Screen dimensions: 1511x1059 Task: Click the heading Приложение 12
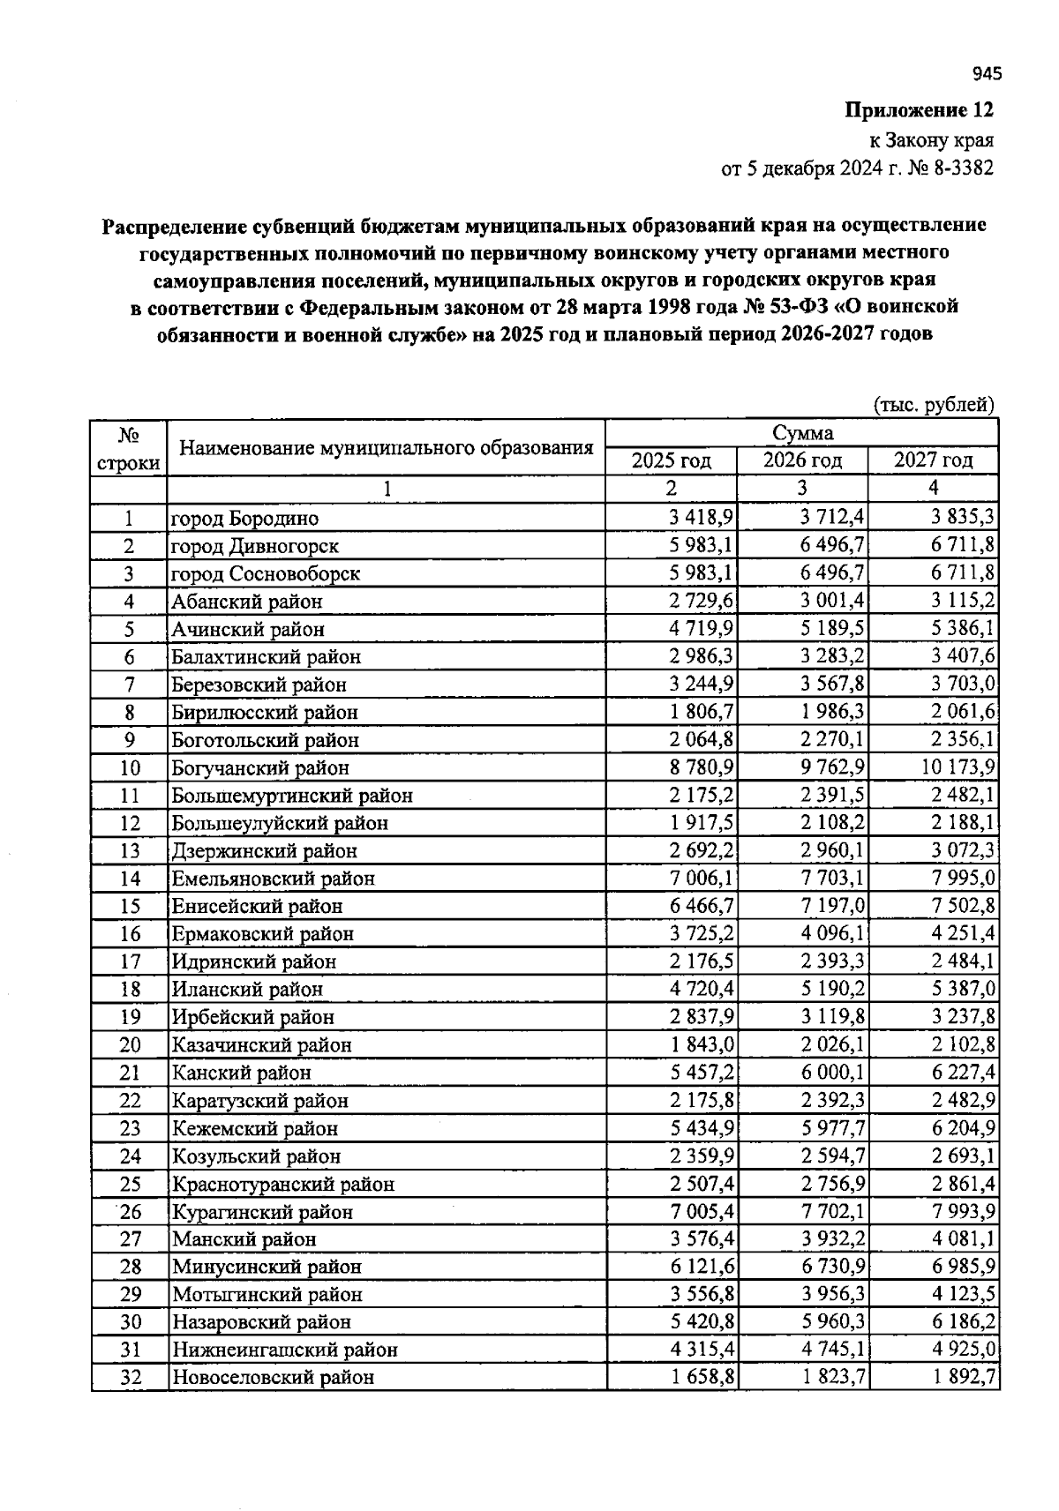pos(919,111)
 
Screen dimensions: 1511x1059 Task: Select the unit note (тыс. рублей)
pos(933,405)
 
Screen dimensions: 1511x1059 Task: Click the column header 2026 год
pos(802,460)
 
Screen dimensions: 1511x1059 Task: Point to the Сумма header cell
pos(802,433)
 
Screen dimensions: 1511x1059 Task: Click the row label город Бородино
pos(244,519)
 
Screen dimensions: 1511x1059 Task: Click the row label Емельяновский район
pos(274,879)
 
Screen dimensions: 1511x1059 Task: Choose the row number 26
pos(130,1212)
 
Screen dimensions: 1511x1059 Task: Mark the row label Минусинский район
pos(267,1268)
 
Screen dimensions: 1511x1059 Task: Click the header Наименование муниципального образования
pos(386,447)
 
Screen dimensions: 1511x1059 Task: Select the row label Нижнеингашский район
pos(284,1350)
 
